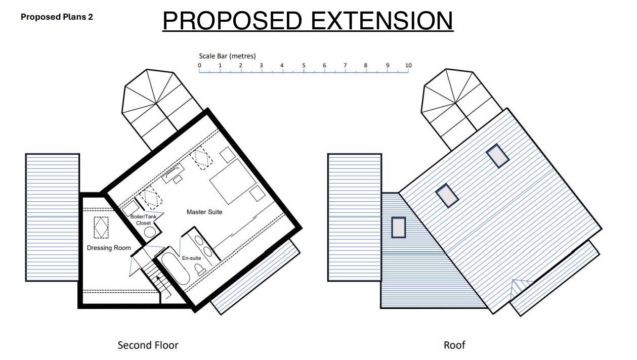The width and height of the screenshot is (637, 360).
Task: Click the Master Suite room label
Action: point(204,212)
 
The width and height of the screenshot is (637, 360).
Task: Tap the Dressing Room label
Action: point(109,248)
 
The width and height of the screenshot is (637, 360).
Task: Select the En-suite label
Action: point(191,258)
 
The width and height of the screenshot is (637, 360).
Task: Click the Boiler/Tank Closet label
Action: point(143,220)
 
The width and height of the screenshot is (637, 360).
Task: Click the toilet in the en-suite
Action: point(200,269)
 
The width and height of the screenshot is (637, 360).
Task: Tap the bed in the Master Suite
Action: point(233,182)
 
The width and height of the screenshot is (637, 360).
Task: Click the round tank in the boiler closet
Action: point(150,232)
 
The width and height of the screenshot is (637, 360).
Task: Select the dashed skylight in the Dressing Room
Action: point(101,228)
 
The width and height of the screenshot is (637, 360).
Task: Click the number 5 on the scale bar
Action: point(304,65)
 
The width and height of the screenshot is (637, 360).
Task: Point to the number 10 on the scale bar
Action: point(408,65)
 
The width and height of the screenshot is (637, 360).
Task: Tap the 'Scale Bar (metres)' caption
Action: point(227,56)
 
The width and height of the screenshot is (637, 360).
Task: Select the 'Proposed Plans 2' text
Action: point(57,17)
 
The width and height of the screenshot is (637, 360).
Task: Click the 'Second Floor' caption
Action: point(148,345)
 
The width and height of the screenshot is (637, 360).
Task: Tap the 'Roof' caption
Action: point(454,345)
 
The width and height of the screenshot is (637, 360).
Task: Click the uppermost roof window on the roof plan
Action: point(497,156)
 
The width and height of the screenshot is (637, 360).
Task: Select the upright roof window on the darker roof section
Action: point(398,228)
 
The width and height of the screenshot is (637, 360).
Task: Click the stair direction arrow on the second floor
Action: point(163,287)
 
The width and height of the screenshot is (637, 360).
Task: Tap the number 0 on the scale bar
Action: point(199,65)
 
